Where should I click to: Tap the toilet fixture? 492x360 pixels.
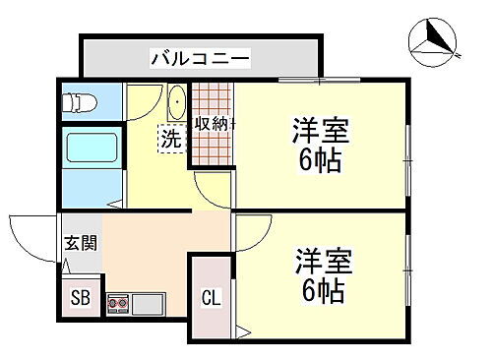[x=77, y=99]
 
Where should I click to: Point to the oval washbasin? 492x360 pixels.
[x=177, y=103]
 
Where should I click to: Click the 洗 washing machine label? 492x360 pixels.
[x=171, y=140]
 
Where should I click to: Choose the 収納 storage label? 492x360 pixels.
[x=211, y=124]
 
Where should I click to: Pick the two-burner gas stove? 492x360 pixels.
[x=119, y=303]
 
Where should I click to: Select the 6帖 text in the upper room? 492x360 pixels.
[x=320, y=159]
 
